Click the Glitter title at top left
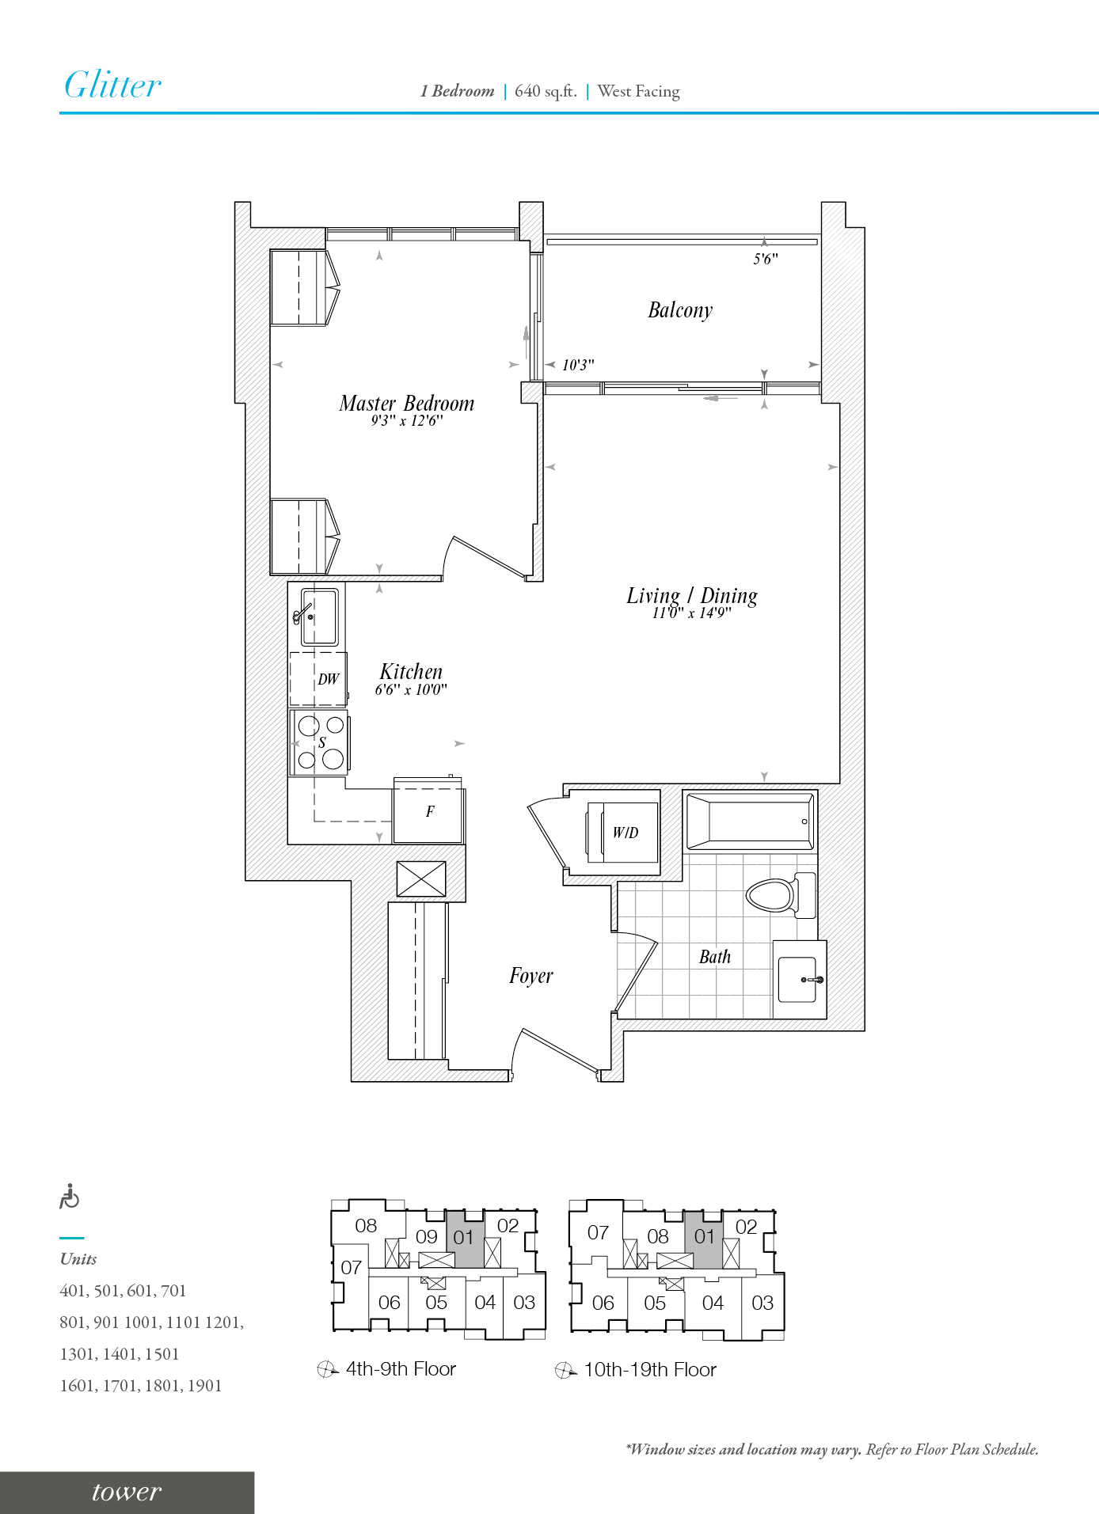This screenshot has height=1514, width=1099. pos(112,85)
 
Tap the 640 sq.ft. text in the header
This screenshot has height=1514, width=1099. pos(546,91)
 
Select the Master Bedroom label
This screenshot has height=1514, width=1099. pos(406,404)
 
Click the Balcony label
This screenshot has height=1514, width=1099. pos(680,310)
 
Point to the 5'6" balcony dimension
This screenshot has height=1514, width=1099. pos(765,259)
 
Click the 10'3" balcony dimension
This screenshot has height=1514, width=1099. pos(578,365)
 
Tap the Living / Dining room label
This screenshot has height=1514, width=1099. pos(691,596)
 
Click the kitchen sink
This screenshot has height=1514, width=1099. pos(319,617)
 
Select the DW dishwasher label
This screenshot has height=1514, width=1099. pos(328,679)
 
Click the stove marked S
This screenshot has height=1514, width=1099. pos(321,742)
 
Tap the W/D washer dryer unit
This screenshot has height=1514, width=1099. pos(624,833)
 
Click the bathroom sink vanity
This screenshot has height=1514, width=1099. pos(798,980)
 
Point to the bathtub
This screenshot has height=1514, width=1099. pos(750,822)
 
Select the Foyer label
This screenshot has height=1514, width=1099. pos(530,976)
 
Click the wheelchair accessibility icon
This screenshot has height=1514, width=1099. pos(70,1197)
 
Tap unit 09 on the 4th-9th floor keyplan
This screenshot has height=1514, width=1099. pos(426,1236)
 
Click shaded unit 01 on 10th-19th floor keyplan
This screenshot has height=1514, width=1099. pos(704,1236)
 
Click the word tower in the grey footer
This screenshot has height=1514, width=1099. pos(127,1492)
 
